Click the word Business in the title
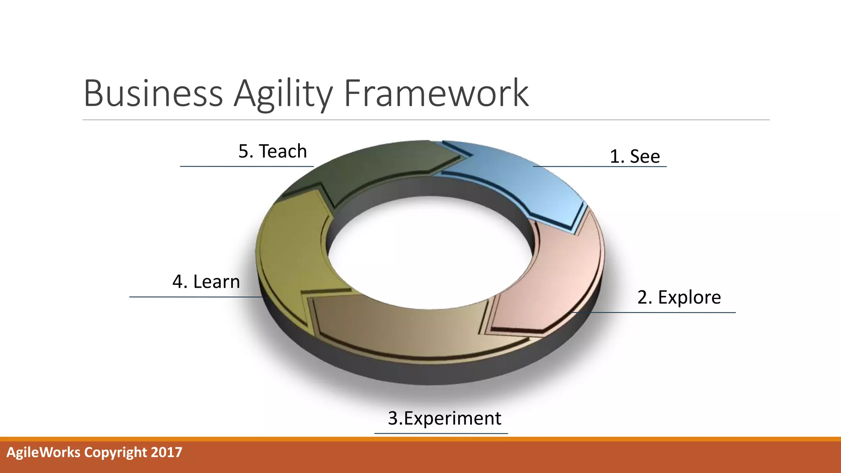[153, 94]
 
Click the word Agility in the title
[283, 94]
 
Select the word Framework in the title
[436, 94]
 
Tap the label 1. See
[634, 156]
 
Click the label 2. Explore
[679, 297]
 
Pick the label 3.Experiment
[444, 418]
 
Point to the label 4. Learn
[206, 282]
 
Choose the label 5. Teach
[273, 151]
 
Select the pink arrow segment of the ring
[558, 279]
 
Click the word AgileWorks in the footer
[44, 452]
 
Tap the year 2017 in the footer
[166, 452]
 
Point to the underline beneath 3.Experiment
[441, 433]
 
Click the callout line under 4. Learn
[193, 296]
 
